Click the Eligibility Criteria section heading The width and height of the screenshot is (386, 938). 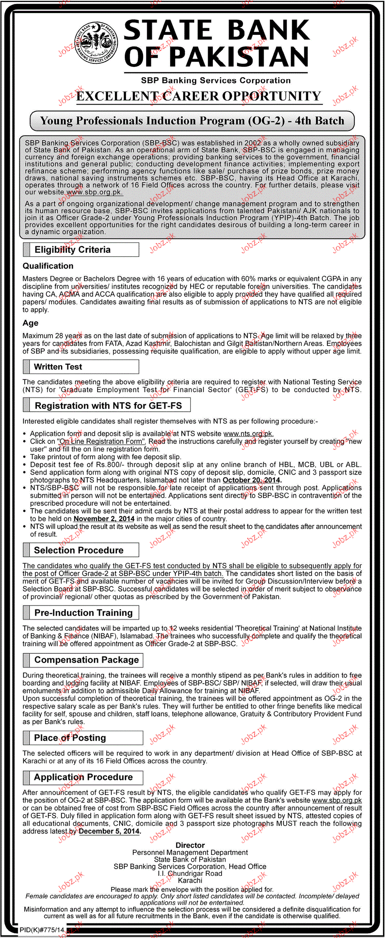[x=73, y=250]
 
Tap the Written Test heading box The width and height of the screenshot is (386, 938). [x=58, y=367]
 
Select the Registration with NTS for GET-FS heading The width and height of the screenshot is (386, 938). [x=108, y=406]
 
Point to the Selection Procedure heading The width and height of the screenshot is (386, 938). [x=79, y=550]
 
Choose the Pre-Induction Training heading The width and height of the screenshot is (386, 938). [x=83, y=613]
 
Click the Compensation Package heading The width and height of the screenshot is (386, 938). [x=87, y=660]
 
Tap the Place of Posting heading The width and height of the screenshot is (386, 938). [x=70, y=738]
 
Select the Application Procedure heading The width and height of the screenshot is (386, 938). [x=83, y=777]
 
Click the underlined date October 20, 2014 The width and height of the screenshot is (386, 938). [x=252, y=480]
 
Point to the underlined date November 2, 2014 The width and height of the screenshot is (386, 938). [x=104, y=519]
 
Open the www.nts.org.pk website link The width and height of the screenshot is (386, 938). [x=248, y=434]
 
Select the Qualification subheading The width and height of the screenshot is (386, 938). [x=48, y=266]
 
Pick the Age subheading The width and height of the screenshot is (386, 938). [x=30, y=323]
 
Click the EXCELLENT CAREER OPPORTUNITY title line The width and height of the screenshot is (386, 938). [x=199, y=96]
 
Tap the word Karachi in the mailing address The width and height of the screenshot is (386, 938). [x=190, y=880]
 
